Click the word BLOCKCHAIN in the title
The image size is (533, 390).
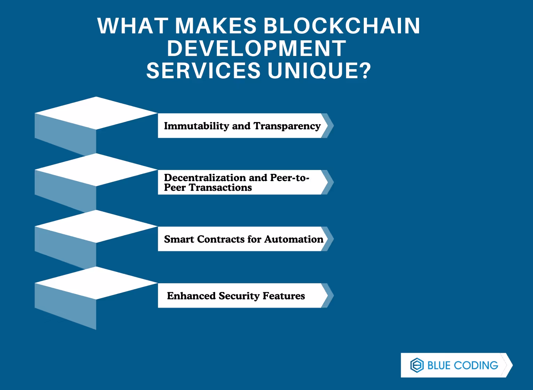tap(342, 26)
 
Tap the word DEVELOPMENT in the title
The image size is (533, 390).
tap(256, 48)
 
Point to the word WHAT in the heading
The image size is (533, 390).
tap(133, 26)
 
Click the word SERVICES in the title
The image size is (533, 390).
tap(203, 71)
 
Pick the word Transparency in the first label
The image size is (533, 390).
tap(287, 126)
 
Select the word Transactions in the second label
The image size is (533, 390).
tap(220, 188)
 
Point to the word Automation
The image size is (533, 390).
tap(294, 239)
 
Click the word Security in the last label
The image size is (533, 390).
tap(239, 296)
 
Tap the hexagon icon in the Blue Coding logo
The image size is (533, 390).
tap(417, 365)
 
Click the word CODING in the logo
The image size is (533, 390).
tap(476, 365)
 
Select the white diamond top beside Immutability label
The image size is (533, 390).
tap(96, 113)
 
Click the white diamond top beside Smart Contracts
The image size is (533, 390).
tap(96, 226)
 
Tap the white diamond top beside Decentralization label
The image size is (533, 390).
tap(96, 170)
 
